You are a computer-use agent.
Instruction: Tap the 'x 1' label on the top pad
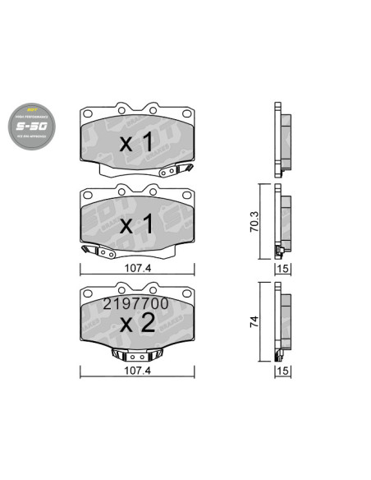[x=137, y=142]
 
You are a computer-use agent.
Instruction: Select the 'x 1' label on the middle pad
[x=137, y=224]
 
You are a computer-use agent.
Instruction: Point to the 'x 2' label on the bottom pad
[x=137, y=322]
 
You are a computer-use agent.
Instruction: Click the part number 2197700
[x=135, y=303]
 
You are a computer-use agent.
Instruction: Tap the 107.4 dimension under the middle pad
[x=138, y=267]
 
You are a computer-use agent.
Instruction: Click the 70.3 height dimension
[x=255, y=221]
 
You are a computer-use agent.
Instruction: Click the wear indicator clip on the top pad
[x=176, y=171]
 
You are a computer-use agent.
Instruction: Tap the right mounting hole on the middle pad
[x=153, y=190]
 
